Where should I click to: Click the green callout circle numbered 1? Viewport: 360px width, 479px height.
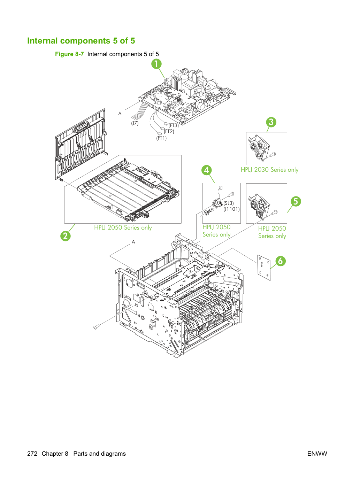pyautogui.click(x=156, y=64)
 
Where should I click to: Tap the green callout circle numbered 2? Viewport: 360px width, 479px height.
pyautogui.click(x=66, y=236)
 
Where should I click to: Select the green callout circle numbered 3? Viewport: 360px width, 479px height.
pyautogui.click(x=271, y=122)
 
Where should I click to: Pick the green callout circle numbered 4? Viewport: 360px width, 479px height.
pyautogui.click(x=207, y=170)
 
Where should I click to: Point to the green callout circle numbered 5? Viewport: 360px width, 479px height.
pyautogui.click(x=296, y=201)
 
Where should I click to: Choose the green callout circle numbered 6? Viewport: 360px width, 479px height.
pyautogui.click(x=281, y=261)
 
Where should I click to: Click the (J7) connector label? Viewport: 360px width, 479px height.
pyautogui.click(x=135, y=123)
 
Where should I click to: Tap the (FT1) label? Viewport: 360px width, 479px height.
pyautogui.click(x=161, y=138)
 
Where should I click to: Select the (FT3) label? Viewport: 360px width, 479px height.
pyautogui.click(x=174, y=125)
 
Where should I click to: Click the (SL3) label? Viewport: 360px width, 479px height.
pyautogui.click(x=229, y=203)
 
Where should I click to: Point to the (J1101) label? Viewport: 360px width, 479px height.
pyautogui.click(x=231, y=209)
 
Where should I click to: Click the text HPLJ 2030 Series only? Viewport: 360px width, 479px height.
pyautogui.click(x=270, y=170)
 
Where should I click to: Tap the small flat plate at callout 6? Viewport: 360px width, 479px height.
pyautogui.click(x=264, y=268)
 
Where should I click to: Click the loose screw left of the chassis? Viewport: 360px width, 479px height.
pyautogui.click(x=96, y=327)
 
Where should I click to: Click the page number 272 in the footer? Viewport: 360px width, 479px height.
pyautogui.click(x=32, y=454)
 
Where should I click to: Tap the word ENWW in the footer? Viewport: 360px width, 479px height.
pyautogui.click(x=317, y=454)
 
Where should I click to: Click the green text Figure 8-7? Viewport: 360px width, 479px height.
pyautogui.click(x=69, y=54)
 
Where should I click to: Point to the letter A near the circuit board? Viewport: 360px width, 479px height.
pyautogui.click(x=120, y=114)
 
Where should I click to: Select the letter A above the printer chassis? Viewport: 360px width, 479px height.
pyautogui.click(x=133, y=242)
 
